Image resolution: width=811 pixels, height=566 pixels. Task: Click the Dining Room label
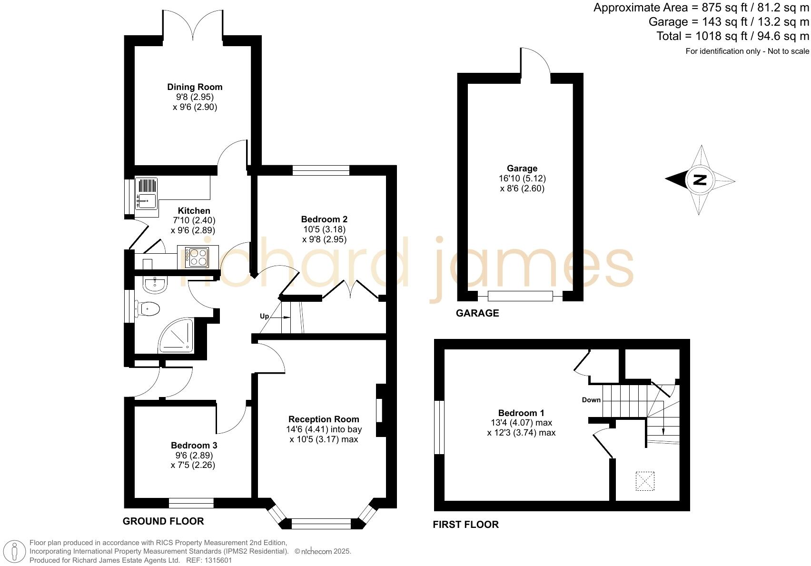(x=195, y=87)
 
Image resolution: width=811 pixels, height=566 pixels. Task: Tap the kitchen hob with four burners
(x=197, y=258)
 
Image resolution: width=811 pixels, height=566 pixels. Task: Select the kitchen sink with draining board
(x=147, y=193)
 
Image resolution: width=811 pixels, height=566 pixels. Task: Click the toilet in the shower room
(x=148, y=309)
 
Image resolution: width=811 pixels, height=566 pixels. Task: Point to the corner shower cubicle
(x=177, y=336)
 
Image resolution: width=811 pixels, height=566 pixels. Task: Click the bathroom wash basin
(x=155, y=285)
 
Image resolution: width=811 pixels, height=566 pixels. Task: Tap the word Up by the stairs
(x=264, y=316)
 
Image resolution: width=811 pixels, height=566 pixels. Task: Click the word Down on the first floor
(x=591, y=400)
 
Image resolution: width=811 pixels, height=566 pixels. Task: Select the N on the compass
(x=700, y=180)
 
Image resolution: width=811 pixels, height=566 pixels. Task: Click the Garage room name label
(x=522, y=168)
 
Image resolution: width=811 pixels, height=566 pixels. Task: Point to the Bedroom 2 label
(x=324, y=219)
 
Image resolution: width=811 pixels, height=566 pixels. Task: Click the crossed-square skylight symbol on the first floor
(x=645, y=481)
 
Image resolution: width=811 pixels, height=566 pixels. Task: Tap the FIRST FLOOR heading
(x=465, y=525)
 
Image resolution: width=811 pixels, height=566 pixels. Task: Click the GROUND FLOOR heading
(x=163, y=521)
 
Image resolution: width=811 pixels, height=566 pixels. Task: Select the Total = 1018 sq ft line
(x=732, y=36)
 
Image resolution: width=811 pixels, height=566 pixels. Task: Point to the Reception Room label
(x=324, y=419)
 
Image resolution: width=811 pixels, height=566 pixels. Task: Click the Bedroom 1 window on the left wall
(x=439, y=427)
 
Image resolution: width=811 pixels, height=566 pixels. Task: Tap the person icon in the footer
(x=15, y=552)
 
